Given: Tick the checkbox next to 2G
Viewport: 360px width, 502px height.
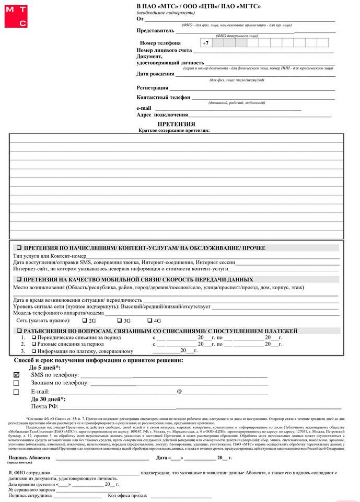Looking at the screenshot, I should [x=85, y=320].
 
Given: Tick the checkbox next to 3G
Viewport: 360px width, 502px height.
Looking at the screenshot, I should [x=119, y=320].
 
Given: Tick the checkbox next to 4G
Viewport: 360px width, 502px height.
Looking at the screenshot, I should [x=149, y=320].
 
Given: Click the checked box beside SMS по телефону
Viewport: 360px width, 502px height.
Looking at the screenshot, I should [x=16, y=375].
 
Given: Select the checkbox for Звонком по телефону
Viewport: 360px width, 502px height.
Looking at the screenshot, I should [x=16, y=383].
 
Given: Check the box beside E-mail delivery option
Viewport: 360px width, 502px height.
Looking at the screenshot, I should [x=16, y=392].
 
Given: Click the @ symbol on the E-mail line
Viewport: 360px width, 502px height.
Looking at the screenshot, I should [x=179, y=391].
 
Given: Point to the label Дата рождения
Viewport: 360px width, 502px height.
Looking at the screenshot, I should [x=152, y=74].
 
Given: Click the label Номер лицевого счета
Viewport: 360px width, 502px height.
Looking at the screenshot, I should [x=164, y=50].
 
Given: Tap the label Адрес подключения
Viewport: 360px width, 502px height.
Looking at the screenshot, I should [x=162, y=115].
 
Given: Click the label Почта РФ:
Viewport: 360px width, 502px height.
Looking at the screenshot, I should [x=44, y=406].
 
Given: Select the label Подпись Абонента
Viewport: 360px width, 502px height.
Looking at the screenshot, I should [x=29, y=458].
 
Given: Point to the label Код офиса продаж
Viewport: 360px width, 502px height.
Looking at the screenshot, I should [x=127, y=496].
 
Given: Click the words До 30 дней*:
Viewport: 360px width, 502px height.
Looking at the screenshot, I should [x=49, y=399].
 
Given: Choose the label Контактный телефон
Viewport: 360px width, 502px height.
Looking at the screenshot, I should [x=163, y=97].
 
